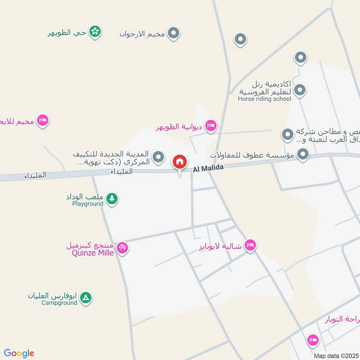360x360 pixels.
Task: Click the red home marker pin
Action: pos(180,161)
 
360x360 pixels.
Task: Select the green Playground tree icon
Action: pos(112,198)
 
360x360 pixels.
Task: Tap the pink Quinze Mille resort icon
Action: pos(122,247)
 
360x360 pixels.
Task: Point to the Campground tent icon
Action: pos(86,297)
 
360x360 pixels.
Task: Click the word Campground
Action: pos(59,303)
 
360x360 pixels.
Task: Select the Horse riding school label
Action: pos(265,99)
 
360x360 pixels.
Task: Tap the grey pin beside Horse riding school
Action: pos(300,90)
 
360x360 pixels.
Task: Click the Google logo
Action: pos(19,353)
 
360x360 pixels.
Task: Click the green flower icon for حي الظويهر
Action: pos(95,31)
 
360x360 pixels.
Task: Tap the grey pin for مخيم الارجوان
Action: pos(173,33)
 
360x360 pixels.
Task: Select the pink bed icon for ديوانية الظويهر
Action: pos(210,126)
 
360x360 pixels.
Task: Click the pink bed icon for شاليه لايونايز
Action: pos(251,245)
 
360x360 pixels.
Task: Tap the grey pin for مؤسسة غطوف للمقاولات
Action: pos(303,155)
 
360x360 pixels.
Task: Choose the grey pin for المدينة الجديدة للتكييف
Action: pos(158,157)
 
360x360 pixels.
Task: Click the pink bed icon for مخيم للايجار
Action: pos(43,120)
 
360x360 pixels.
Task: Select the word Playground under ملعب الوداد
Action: pos(88,204)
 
